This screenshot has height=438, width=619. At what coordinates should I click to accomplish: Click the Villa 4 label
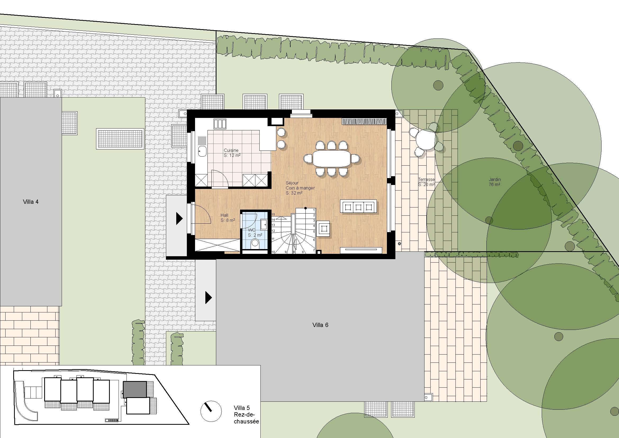[x=31, y=202]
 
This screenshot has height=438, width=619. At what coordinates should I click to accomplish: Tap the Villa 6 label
[x=320, y=325]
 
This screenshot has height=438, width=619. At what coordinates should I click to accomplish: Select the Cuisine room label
[x=231, y=150]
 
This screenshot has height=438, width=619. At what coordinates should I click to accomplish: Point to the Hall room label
[x=224, y=215]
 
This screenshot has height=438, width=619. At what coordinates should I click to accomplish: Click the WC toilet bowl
[x=255, y=244]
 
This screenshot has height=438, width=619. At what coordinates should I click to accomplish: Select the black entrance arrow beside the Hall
[x=179, y=219]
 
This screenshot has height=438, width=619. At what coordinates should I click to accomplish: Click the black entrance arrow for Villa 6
[x=209, y=298]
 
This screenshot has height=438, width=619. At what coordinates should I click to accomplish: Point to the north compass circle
[x=211, y=411]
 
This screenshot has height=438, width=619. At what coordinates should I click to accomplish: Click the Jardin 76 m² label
[x=494, y=182]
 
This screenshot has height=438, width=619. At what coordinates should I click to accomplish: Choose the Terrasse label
[x=426, y=179]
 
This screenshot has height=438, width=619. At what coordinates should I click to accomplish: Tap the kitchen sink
[x=202, y=151]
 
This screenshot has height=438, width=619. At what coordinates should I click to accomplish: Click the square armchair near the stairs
[x=323, y=229]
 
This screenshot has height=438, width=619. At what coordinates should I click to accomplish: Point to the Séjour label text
[x=292, y=183]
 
